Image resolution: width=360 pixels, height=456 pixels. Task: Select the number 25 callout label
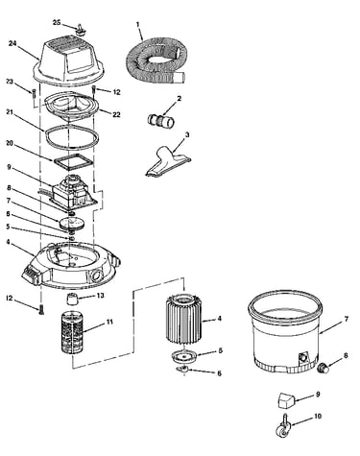(x=57, y=22)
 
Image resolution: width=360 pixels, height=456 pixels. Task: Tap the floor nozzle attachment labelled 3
(x=169, y=160)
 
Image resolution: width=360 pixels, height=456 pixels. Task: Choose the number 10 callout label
(x=317, y=417)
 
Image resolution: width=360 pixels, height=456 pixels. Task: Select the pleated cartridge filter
(x=184, y=319)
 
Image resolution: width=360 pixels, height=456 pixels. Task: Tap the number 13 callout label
(x=100, y=295)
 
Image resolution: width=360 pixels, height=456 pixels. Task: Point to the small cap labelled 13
(x=72, y=300)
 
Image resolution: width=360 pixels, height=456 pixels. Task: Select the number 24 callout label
(x=12, y=43)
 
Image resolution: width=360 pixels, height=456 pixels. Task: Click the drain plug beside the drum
(x=324, y=368)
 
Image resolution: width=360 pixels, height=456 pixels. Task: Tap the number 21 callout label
(x=10, y=111)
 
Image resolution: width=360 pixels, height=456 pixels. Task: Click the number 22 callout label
(x=116, y=114)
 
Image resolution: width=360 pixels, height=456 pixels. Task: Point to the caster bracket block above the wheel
(x=286, y=400)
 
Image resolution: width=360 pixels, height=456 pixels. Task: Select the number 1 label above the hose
(x=138, y=24)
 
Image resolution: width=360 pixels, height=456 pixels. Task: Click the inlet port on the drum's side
(x=302, y=357)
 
